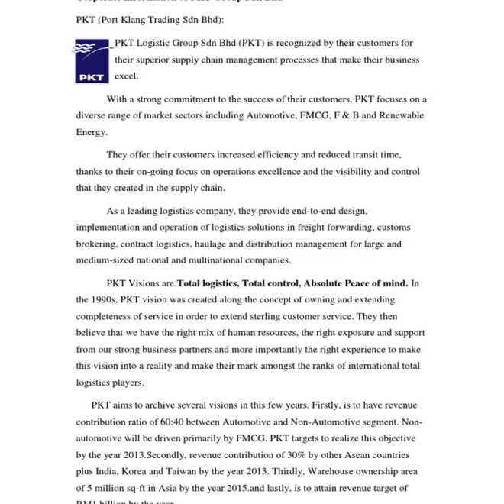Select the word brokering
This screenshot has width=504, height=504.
[x=97, y=244]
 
